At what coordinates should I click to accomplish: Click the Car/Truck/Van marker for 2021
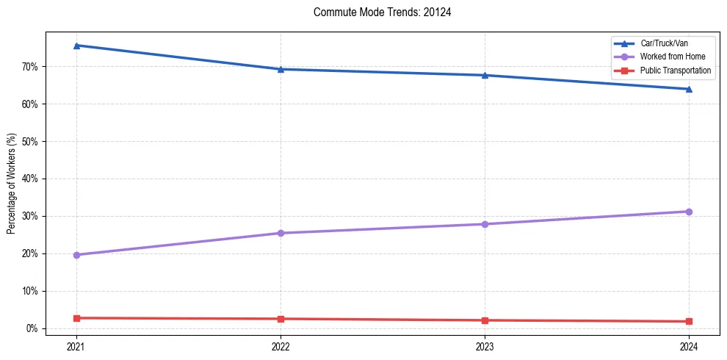[x=76, y=46]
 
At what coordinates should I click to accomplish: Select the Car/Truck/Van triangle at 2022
[x=281, y=69]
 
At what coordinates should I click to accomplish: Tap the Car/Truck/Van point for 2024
[x=689, y=89]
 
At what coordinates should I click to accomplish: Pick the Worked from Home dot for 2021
[x=76, y=255]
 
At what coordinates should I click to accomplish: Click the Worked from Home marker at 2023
[x=485, y=224]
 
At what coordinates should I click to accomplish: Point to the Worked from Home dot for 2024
[x=689, y=212]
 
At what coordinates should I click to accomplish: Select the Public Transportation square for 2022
[x=281, y=319]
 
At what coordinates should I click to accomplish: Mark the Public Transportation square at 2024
[x=689, y=321]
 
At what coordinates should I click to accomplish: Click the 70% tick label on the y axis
[x=30, y=67]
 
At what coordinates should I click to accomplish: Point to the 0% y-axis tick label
[x=32, y=328]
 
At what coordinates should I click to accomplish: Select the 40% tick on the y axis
[x=30, y=179]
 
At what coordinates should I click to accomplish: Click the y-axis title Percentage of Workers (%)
[x=11, y=184]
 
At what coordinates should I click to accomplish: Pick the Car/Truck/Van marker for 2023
[x=485, y=75]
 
